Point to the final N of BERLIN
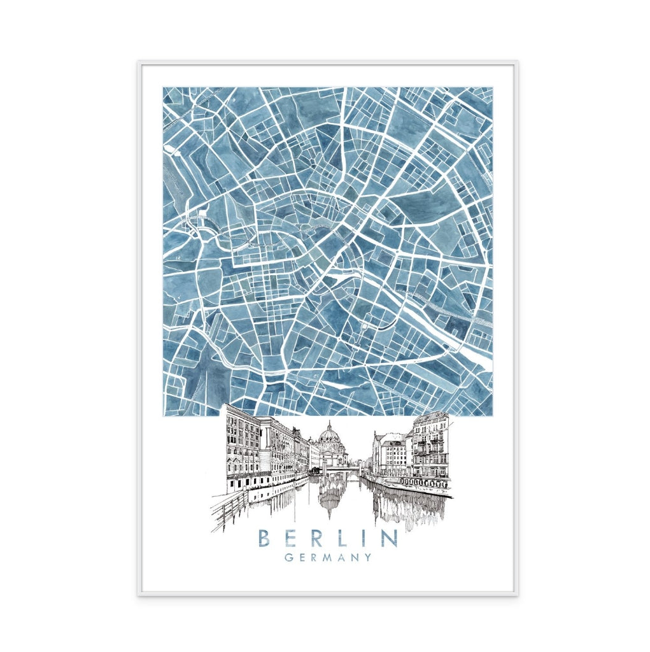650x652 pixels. pos(388,539)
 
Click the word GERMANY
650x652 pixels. pos(328,558)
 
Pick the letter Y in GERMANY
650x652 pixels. pos(367,558)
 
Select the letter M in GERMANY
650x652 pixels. pos(328,558)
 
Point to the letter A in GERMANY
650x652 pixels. pos(341,558)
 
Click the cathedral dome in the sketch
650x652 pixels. pos(329,436)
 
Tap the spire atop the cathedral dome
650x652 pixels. pos(329,423)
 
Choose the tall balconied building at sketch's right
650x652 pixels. pos(430,446)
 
